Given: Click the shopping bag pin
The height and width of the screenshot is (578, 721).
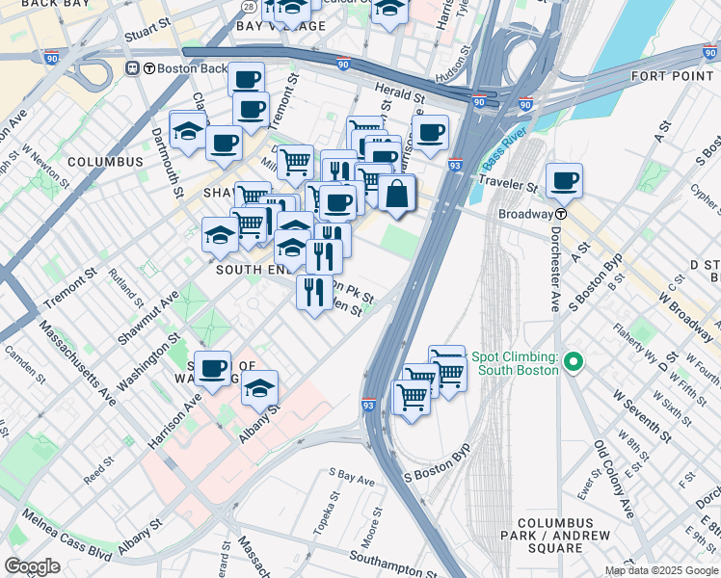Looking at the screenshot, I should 396,194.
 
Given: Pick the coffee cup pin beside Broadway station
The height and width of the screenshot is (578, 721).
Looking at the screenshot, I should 564,180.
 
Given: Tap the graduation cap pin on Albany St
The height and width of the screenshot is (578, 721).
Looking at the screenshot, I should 258,388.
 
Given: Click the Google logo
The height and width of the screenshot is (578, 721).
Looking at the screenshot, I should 32,566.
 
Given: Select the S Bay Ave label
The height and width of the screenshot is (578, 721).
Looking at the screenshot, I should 351,476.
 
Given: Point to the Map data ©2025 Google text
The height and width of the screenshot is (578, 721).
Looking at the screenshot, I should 661,570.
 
